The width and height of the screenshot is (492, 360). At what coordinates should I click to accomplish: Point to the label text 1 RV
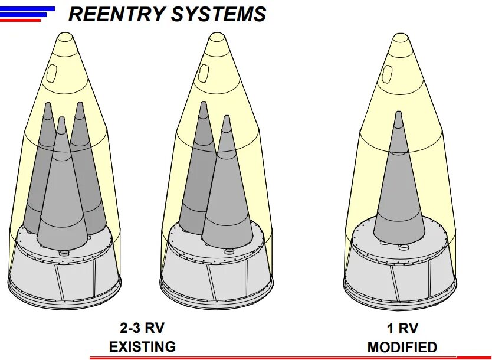[x=402, y=329]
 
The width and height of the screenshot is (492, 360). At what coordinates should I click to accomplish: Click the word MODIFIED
[x=402, y=347]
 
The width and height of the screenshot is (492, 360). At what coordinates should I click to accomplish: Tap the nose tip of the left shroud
[x=65, y=38]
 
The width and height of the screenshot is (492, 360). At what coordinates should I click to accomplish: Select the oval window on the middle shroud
[x=203, y=73]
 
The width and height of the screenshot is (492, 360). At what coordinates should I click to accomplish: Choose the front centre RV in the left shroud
[x=61, y=195]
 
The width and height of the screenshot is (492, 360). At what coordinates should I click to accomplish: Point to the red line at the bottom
[x=289, y=357]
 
